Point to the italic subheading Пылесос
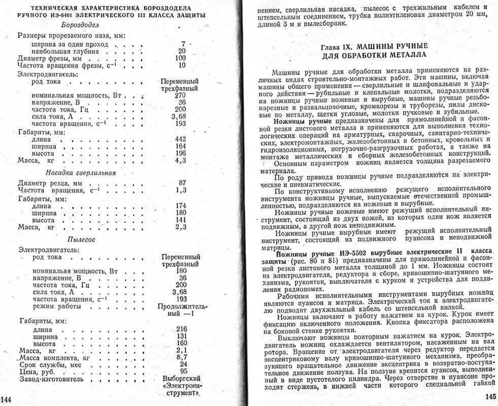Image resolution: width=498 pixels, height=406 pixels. pyautogui.click(x=81, y=239)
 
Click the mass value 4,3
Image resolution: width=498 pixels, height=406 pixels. pyautogui.click(x=181, y=161)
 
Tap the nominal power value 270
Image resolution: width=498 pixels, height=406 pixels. pyautogui.click(x=180, y=95)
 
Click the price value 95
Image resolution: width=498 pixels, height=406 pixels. pyautogui.click(x=183, y=371)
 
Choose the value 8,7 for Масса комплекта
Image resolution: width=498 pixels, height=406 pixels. pyautogui.click(x=181, y=357)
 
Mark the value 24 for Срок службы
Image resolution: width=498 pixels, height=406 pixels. pyautogui.click(x=183, y=364)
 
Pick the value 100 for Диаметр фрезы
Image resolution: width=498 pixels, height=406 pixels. pyautogui.click(x=181, y=58)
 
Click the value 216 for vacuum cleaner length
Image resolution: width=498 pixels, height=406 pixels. pyautogui.click(x=181, y=329)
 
